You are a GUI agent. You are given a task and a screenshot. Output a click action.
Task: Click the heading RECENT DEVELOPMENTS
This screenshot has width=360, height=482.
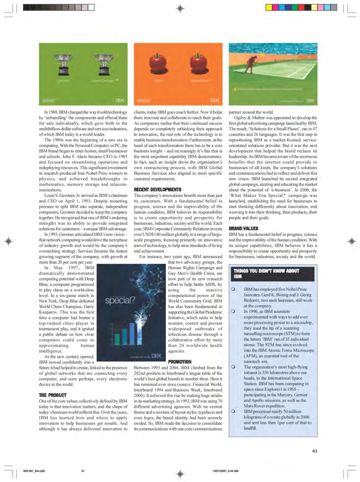[x=158, y=189]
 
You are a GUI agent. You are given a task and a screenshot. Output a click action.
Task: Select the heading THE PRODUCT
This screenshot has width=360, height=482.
[x=53, y=395]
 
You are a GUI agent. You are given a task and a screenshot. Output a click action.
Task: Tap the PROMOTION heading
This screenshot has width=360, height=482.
[x=180, y=362]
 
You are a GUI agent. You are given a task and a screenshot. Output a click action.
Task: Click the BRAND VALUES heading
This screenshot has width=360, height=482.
[x=243, y=228]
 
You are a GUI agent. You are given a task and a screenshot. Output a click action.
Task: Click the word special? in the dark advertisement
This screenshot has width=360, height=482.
[x=120, y=300]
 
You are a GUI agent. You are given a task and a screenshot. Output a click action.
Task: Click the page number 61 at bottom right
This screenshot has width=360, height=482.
[x=315, y=451]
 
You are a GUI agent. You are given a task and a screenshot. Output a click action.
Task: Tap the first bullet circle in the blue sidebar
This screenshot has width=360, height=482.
[x=233, y=289]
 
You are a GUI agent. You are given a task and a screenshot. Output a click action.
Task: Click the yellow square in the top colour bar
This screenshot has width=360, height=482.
[x=269, y=7]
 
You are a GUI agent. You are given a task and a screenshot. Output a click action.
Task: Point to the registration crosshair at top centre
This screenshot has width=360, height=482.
[x=180, y=8]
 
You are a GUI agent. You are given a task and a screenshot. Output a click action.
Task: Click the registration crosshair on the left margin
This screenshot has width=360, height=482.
[x=9, y=241]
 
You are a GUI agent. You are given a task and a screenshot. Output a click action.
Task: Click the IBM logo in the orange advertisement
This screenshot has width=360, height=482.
[x=215, y=101]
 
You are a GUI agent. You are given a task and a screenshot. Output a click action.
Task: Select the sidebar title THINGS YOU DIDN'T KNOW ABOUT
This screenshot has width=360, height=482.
[x=266, y=271]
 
